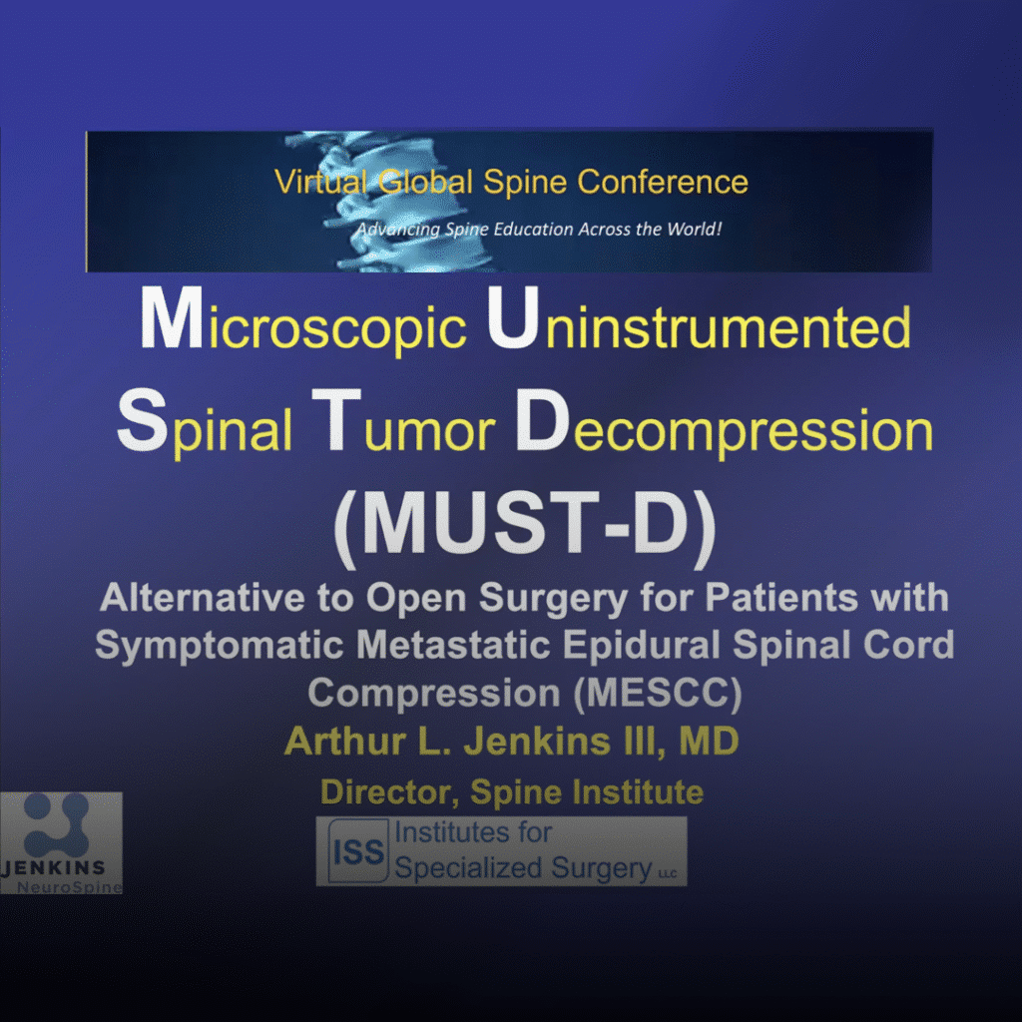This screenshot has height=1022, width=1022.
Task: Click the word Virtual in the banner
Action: pos(320,182)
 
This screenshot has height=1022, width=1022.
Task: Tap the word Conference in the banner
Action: pos(663,182)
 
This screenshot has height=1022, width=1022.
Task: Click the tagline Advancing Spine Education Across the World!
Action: pos(538,230)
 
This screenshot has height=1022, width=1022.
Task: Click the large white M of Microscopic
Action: pos(171,318)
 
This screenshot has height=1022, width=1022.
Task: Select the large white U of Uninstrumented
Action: pos(513,318)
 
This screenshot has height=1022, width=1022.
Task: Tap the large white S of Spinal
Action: pos(142,420)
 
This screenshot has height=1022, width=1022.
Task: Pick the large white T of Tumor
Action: pos(335,420)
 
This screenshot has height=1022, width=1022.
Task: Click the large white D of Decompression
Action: pos(542,420)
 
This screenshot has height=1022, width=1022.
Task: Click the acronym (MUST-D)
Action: pos(525,525)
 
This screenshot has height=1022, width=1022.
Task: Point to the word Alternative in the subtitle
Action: pos(202,597)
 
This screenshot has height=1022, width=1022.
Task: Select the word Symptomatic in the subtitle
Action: pos(219,647)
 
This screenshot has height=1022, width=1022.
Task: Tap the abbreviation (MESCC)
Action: pos(658,693)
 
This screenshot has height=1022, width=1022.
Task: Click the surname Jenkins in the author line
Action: pos(536,742)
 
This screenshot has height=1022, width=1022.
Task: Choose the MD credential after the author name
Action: pos(709,742)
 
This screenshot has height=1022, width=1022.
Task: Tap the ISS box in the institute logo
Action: pos(358,851)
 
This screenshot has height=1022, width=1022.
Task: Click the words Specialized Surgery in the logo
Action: pos(523,868)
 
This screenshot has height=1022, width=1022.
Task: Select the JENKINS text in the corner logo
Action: pos(54,867)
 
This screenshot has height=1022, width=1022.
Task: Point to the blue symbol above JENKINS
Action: pos(56,825)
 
